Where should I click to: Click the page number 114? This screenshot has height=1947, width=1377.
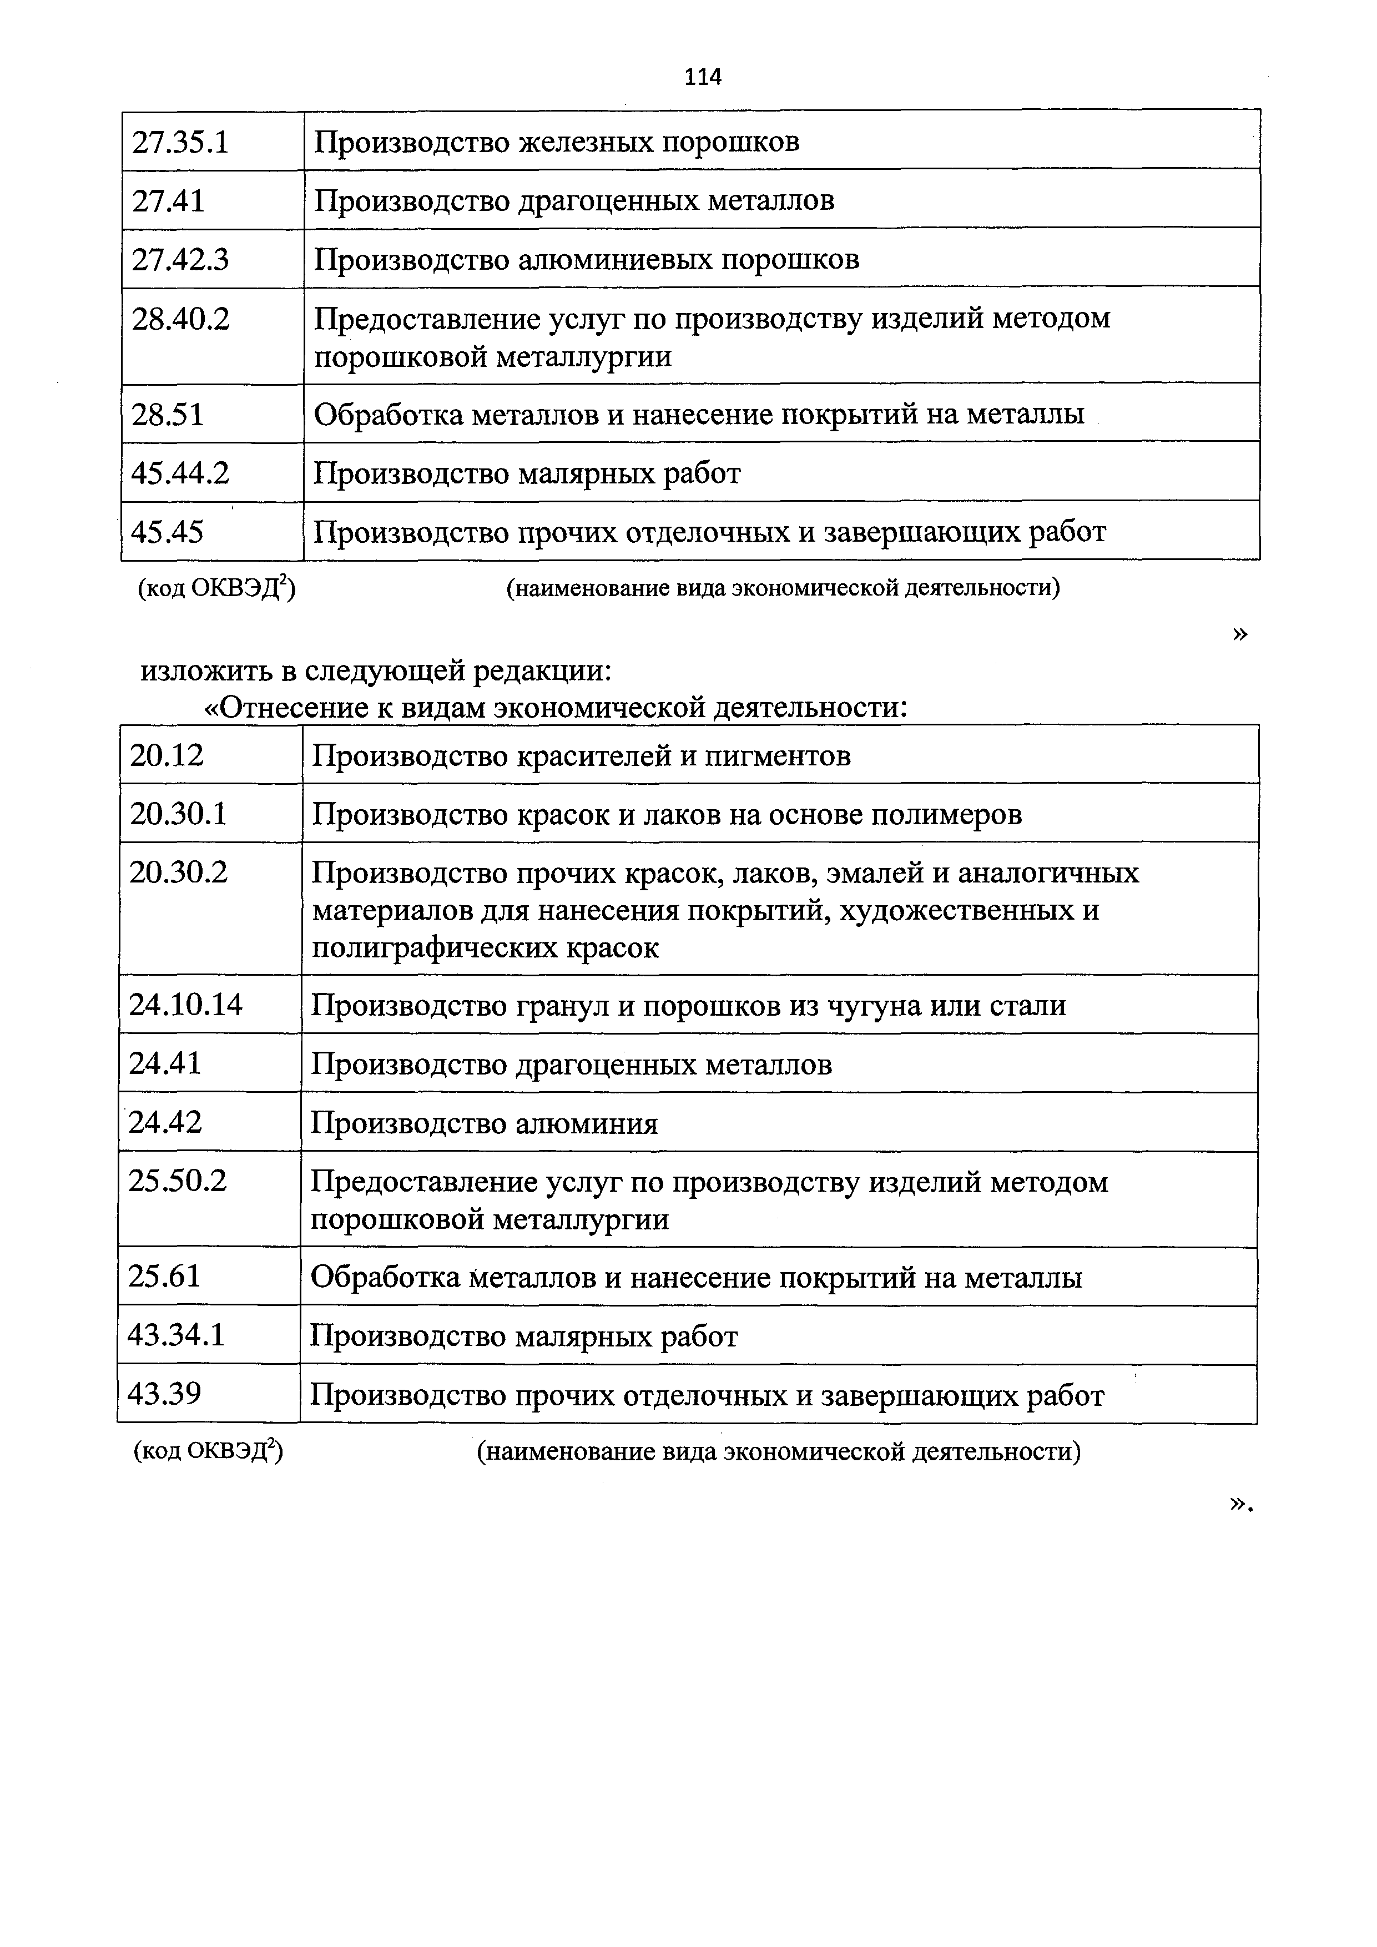click(x=702, y=77)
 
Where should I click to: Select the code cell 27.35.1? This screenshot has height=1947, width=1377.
click(x=180, y=142)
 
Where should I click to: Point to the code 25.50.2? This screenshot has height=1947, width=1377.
click(x=178, y=1181)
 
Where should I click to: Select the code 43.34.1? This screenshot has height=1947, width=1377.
click(x=176, y=1335)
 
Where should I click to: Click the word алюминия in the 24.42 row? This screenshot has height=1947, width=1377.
click(x=587, y=1123)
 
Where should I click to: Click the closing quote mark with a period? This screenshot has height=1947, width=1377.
click(x=1240, y=1504)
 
